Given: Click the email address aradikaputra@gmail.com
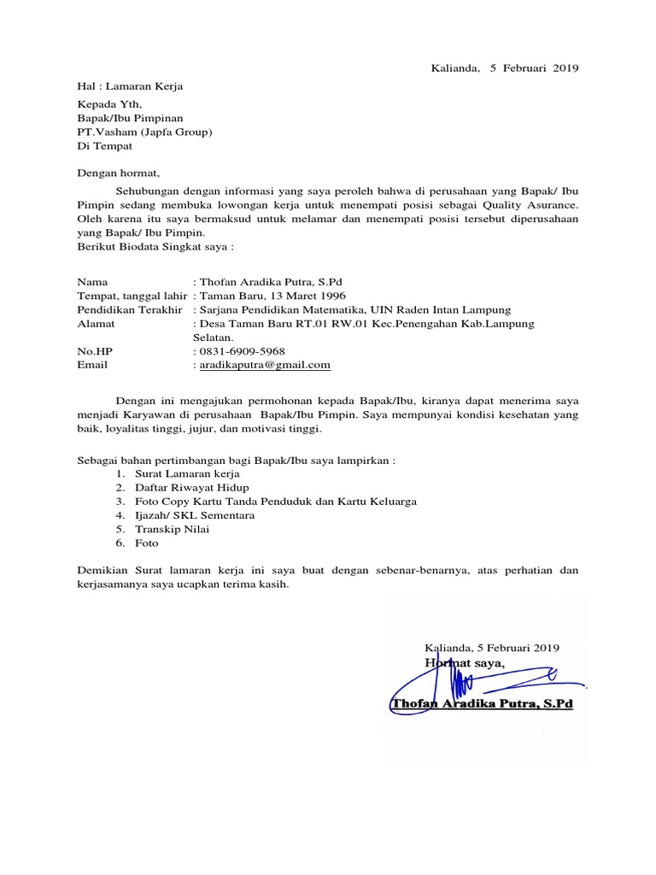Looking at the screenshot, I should tap(265, 365).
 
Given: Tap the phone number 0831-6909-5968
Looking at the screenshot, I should tap(243, 351).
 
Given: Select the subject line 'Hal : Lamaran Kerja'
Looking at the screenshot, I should tap(130, 86).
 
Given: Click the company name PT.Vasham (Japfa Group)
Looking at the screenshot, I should tap(145, 132).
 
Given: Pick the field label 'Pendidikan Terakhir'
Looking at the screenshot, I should tap(130, 309).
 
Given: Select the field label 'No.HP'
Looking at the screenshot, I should tap(94, 351).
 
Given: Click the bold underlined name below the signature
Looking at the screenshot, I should tap(481, 703).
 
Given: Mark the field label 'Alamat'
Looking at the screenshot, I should tap(96, 324).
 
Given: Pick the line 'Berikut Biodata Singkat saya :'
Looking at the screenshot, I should tap(155, 246).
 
